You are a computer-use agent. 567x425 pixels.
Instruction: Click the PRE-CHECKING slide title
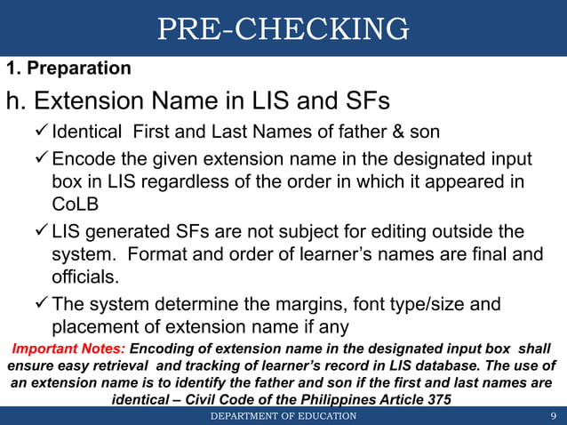283,29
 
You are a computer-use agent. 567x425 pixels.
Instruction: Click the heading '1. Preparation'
68,68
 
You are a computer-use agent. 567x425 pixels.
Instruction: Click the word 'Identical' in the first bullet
87,134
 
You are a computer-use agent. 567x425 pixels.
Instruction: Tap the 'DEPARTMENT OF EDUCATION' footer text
283,416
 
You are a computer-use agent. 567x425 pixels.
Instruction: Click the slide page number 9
553,416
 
